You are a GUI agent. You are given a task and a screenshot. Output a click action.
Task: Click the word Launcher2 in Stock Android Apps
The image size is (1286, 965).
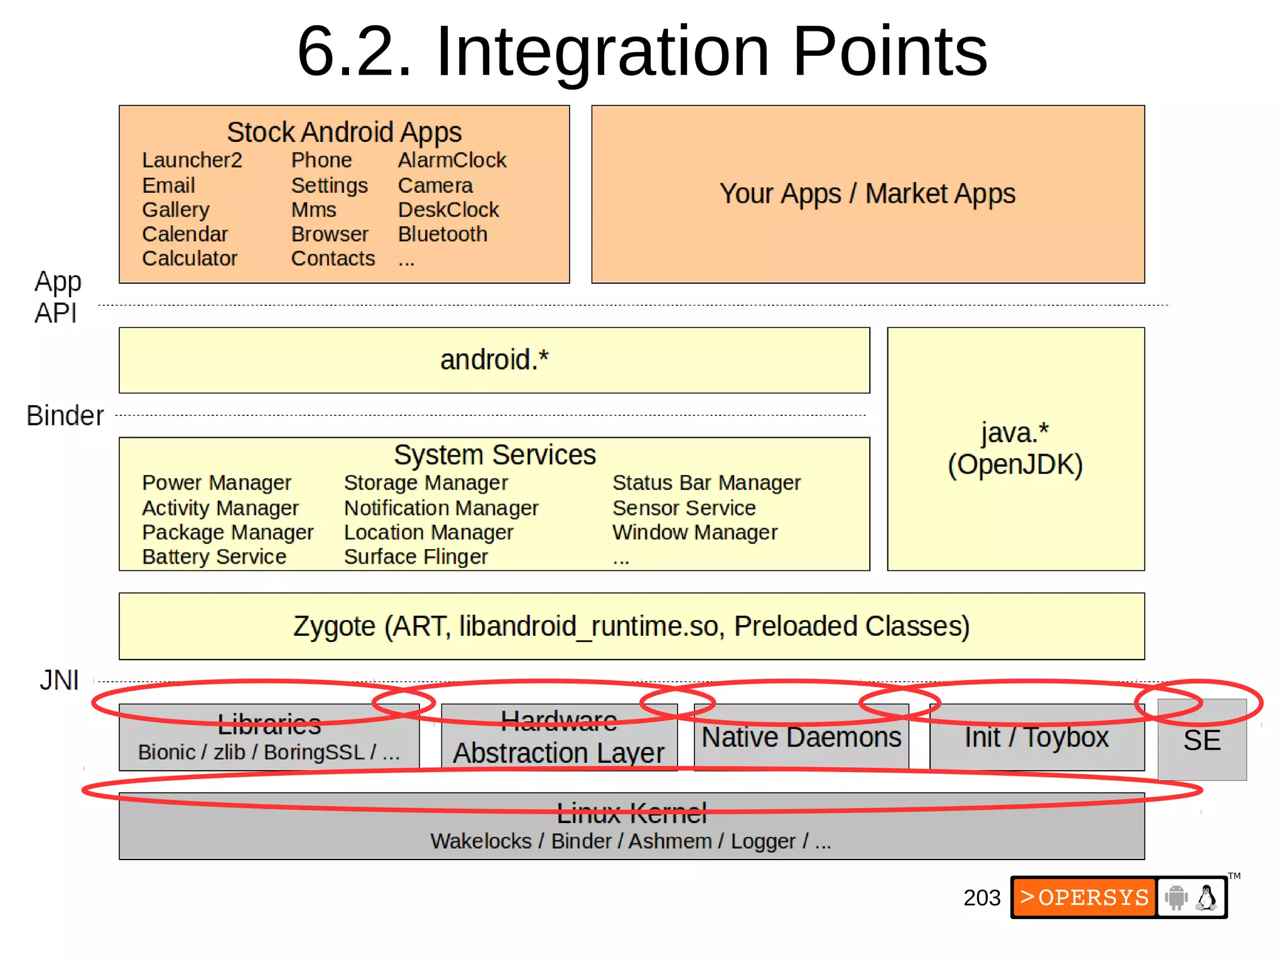[192, 160]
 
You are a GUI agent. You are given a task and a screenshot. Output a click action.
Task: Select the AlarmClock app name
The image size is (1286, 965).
[451, 160]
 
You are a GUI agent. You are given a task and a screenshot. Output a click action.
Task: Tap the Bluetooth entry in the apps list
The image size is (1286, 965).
[442, 234]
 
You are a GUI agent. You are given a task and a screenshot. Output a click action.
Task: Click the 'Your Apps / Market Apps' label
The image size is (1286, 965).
[867, 194]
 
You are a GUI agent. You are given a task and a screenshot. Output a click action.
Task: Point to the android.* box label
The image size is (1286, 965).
[494, 360]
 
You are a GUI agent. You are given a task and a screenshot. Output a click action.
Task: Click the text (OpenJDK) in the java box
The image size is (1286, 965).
[1015, 465]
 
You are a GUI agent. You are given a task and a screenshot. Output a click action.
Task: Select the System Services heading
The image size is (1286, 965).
[494, 455]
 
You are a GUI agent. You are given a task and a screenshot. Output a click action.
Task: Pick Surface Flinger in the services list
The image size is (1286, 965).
[416, 557]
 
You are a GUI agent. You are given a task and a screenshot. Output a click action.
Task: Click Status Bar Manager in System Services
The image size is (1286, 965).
[706, 482]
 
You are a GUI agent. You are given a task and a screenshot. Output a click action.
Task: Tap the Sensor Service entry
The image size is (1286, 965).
[683, 508]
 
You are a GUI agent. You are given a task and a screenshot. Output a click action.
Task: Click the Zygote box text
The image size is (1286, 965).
[631, 626]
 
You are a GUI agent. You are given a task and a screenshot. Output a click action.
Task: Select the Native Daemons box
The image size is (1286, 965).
[801, 738]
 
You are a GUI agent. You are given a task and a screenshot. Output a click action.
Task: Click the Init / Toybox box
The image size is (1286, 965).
[1036, 738]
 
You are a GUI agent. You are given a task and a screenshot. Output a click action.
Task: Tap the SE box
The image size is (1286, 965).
[1201, 741]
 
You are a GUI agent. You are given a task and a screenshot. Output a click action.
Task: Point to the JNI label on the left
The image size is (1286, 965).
[59, 680]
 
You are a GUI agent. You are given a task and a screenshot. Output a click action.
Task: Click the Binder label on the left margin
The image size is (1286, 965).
[65, 416]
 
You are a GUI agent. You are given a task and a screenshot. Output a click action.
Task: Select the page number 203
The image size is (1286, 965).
[981, 898]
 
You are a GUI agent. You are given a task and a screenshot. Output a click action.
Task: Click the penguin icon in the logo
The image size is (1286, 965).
[1206, 897]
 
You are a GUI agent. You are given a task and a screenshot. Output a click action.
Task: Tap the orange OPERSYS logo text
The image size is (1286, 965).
[1084, 897]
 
